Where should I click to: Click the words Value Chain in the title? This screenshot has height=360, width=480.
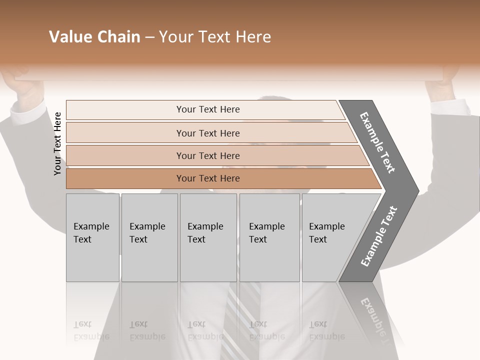tap(94, 37)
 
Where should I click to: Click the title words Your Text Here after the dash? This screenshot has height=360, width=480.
tap(215, 37)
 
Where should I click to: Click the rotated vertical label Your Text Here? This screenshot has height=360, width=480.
tap(57, 143)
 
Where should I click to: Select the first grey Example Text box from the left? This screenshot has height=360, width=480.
tap(92, 237)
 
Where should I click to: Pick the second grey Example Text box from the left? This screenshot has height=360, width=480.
tap(149, 237)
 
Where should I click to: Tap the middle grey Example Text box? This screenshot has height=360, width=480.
tap(208, 237)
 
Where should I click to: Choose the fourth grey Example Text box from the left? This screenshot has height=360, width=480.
tap(269, 237)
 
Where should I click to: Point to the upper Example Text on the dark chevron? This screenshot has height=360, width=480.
tap(377, 142)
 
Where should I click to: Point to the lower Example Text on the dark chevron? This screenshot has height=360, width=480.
tap(378, 236)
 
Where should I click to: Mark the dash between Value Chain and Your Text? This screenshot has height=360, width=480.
tap(149, 37)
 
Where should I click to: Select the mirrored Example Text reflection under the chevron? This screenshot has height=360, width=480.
tap(374, 315)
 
